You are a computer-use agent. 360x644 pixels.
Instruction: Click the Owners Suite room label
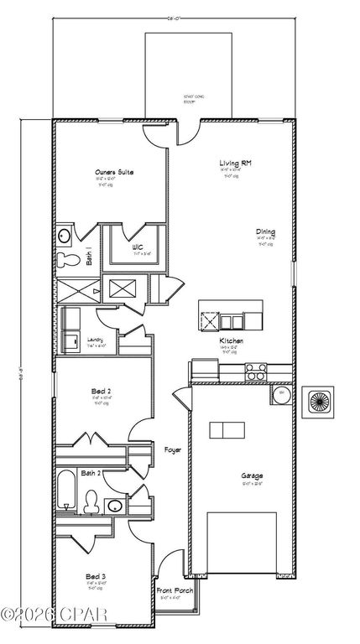[114, 174]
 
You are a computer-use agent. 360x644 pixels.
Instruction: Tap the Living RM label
[231, 164]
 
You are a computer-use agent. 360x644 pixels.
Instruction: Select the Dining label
[266, 232]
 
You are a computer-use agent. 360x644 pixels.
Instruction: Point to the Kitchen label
[232, 342]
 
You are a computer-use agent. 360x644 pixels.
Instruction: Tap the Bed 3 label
[95, 577]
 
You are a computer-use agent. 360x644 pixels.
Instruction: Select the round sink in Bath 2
[112, 506]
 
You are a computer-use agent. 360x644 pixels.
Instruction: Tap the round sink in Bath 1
[63, 236]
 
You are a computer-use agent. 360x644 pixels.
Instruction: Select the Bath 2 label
[91, 474]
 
